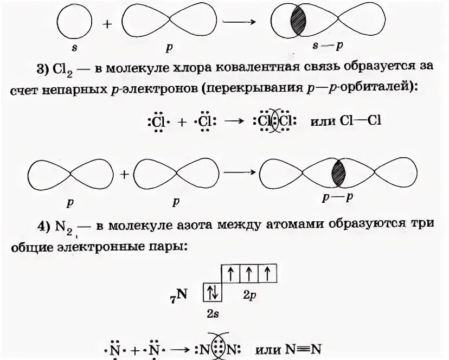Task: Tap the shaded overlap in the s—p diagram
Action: tap(298, 23)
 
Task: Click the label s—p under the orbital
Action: tap(332, 46)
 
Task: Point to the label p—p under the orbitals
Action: tap(338, 198)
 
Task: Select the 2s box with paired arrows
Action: tap(213, 293)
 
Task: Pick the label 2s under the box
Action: tap(213, 314)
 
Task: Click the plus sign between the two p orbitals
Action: tap(125, 174)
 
